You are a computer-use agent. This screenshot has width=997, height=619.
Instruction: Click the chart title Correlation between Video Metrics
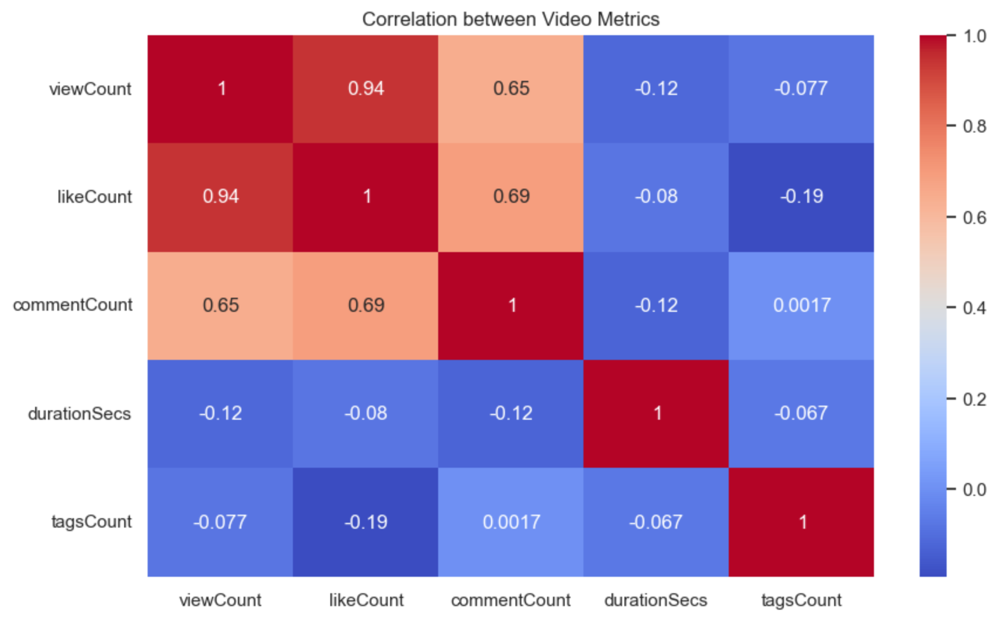coord(510,19)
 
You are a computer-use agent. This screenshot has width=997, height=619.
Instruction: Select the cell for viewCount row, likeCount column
coord(366,89)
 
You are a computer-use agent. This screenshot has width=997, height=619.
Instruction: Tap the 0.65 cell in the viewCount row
coord(511,89)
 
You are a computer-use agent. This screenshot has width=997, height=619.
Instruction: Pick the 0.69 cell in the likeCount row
coord(511,196)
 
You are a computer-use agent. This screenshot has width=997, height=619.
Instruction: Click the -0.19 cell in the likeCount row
coord(801,196)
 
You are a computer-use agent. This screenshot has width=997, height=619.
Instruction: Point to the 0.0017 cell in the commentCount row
coord(801,305)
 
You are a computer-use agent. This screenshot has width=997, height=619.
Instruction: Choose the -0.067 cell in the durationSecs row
coord(801,413)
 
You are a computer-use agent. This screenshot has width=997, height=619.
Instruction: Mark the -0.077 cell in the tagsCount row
coord(220,522)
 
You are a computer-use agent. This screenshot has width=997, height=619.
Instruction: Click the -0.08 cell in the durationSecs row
coord(366,413)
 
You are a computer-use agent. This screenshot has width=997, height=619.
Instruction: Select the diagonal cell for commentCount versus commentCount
coord(511,305)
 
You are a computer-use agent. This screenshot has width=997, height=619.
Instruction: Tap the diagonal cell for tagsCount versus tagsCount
coord(801,522)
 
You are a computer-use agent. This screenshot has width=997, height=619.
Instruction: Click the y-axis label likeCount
coord(94,197)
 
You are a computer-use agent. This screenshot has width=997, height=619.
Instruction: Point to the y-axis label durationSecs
coord(80,414)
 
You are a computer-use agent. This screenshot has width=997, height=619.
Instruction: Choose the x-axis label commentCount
coord(511,600)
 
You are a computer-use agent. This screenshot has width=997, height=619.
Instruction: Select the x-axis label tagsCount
coord(801,600)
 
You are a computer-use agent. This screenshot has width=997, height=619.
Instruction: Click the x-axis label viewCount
coord(220,600)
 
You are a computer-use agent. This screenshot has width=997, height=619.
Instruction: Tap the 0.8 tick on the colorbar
coord(974,126)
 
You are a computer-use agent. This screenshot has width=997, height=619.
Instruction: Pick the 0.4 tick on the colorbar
coord(974,308)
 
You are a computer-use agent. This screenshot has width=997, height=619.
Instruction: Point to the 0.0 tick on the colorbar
coord(974,489)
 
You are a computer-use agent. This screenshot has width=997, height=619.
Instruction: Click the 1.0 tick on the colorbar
coord(974,36)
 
